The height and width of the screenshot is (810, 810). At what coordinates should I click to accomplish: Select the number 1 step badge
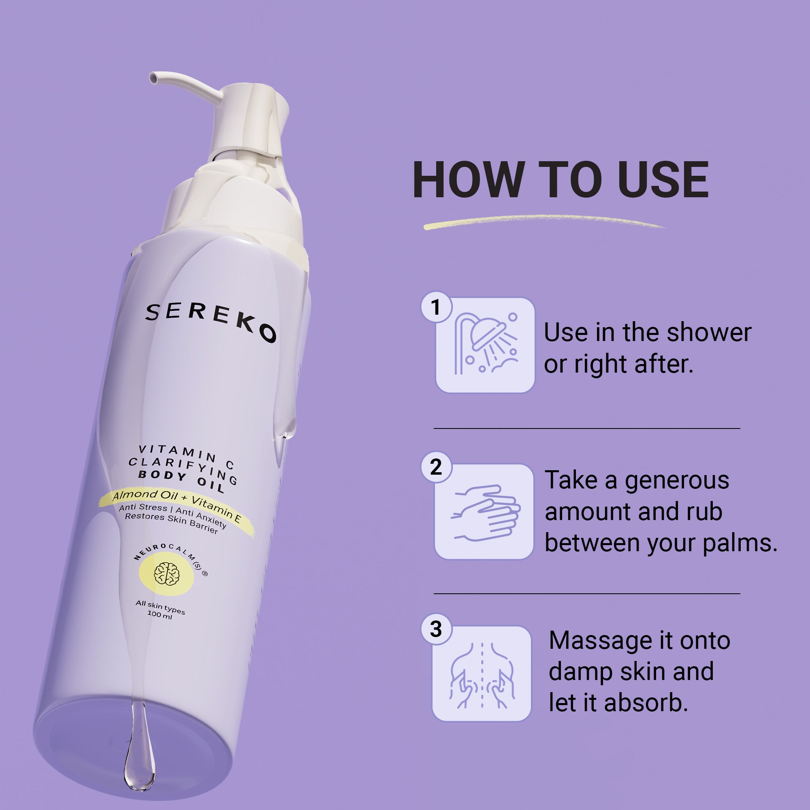(436, 307)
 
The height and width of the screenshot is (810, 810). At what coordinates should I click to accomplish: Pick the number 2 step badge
(436, 467)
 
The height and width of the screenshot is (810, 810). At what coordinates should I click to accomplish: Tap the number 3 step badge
(436, 629)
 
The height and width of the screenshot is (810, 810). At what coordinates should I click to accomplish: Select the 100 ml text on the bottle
(160, 614)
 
